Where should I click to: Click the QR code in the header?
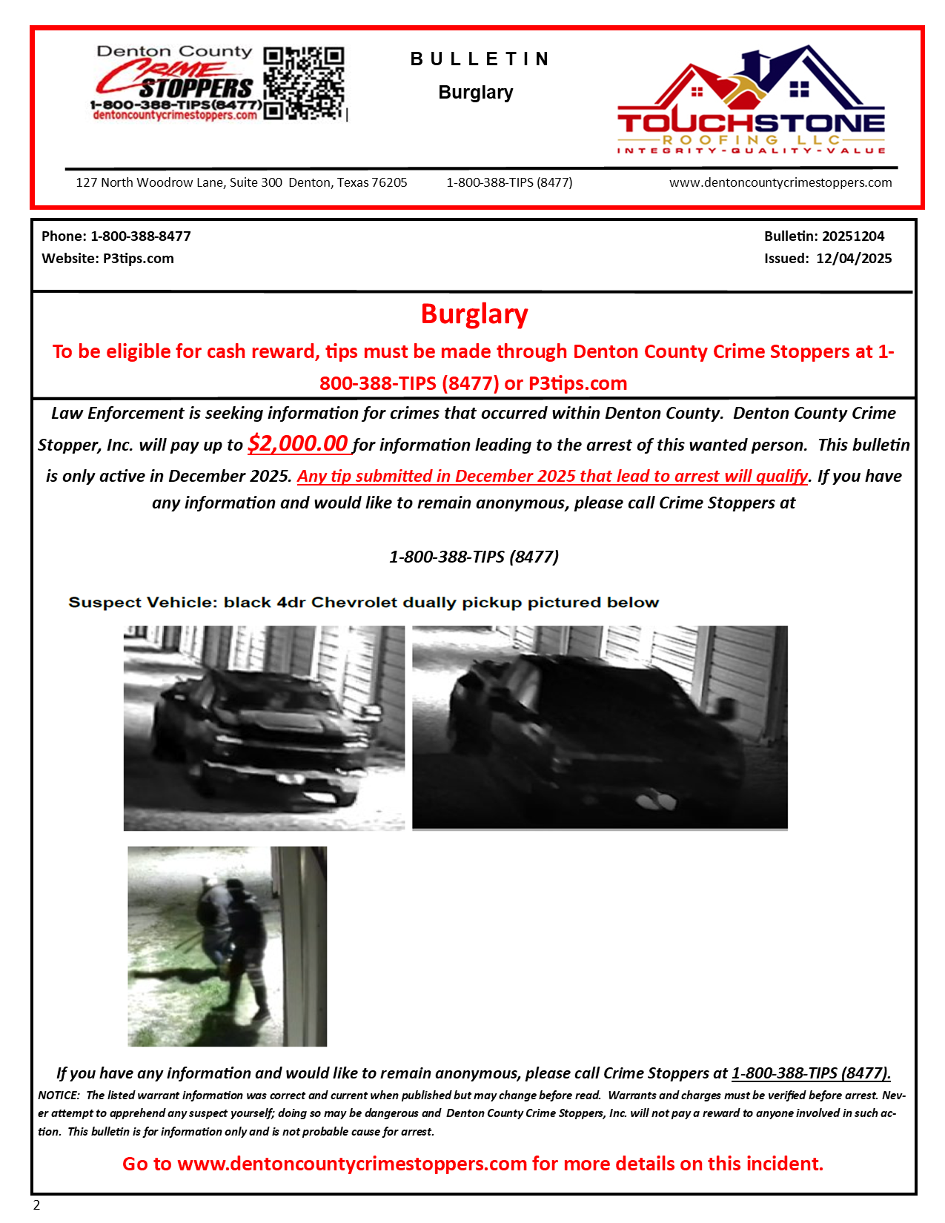(304, 83)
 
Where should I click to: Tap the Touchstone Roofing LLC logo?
(751, 100)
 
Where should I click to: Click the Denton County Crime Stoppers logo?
(175, 83)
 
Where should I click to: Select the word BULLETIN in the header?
(480, 59)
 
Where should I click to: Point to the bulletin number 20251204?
(853, 236)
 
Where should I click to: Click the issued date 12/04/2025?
(854, 259)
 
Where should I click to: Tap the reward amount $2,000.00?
(298, 443)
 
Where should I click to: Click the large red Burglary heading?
(474, 314)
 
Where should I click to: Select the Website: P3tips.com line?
(108, 259)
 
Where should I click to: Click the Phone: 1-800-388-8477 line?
(116, 236)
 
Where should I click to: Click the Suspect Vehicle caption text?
(363, 603)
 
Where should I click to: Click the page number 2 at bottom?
(36, 1205)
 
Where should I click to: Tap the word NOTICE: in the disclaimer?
(59, 1096)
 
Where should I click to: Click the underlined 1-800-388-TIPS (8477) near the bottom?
(811, 1073)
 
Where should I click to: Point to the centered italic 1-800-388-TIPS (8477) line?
(474, 557)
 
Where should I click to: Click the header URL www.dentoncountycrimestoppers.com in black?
(780, 183)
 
